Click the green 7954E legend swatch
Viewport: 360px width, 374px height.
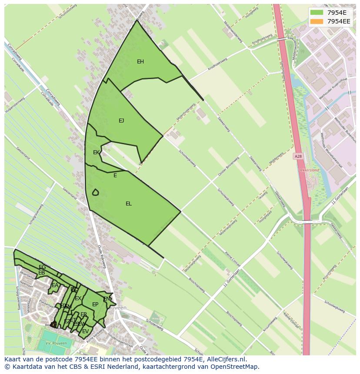317,13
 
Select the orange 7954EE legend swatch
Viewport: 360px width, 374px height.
317,21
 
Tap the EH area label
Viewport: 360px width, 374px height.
140,62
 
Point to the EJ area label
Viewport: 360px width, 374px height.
121,121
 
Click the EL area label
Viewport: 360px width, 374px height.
129,204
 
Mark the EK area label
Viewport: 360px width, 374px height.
96,152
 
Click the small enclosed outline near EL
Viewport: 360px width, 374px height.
95,192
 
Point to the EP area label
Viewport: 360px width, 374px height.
95,304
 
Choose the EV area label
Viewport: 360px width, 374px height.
85,331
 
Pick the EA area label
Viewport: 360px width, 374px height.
55,285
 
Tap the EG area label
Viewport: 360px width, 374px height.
42,267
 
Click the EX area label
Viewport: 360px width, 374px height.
78,298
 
